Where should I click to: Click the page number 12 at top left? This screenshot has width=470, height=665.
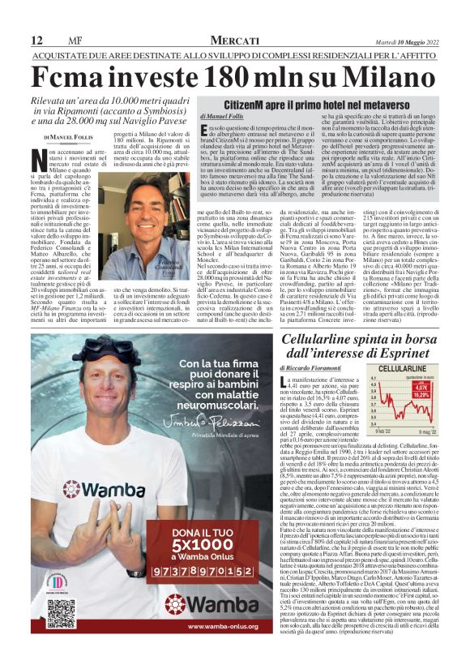tap(36, 41)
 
